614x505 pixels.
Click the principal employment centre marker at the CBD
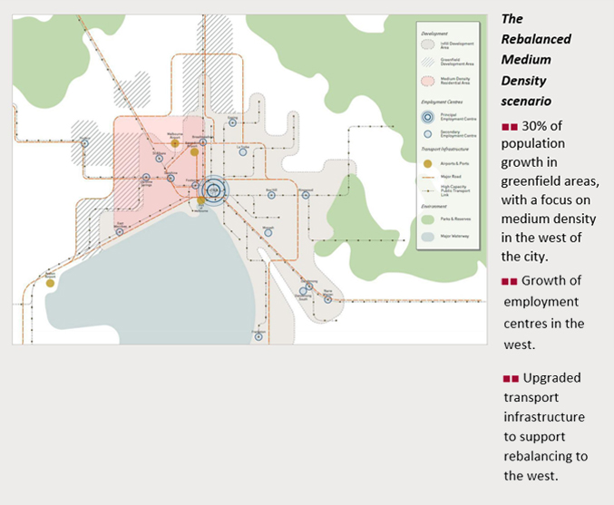pyautogui.click(x=214, y=189)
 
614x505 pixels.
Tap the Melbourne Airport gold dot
pyautogui.click(x=175, y=143)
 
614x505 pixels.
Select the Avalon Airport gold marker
pyautogui.click(x=50, y=283)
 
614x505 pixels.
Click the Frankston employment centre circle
pyautogui.click(x=258, y=335)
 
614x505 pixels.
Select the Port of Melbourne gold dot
pyautogui.click(x=201, y=200)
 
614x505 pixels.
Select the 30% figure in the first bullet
pyautogui.click(x=536, y=123)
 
